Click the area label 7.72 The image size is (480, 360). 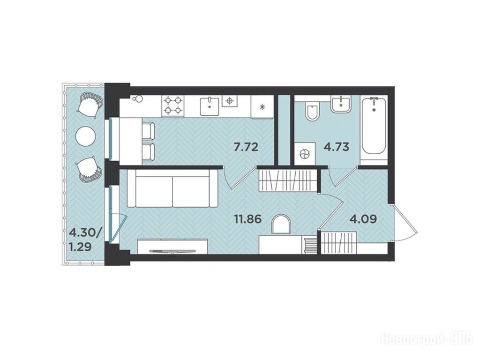coord(246,147)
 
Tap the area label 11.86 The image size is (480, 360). coord(247,219)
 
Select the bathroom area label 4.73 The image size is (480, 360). coord(337,147)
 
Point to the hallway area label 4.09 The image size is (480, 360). coord(363,219)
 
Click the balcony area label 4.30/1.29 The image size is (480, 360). coord(84,240)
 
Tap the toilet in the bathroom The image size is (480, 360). coord(312,111)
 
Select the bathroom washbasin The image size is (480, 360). coord(341,104)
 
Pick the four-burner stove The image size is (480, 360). coord(173,105)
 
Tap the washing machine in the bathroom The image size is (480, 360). coord(305,154)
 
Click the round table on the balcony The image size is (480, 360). coord(84,136)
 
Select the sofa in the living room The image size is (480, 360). coord(172,188)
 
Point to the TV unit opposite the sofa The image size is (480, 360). coord(172,247)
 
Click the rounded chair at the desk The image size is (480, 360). coord(281,224)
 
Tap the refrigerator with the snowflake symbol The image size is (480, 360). coord(262,106)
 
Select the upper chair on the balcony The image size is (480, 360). coord(90,105)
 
